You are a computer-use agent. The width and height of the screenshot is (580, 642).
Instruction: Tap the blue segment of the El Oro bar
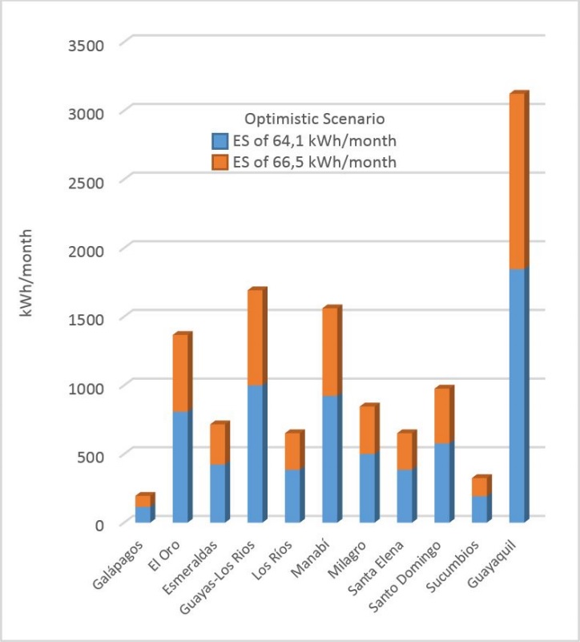(181, 466)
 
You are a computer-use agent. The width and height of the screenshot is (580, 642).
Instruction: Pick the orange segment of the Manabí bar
(330, 352)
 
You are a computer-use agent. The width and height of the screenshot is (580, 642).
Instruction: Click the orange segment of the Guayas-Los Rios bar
(256, 337)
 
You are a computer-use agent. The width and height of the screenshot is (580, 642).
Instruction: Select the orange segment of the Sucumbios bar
(479, 487)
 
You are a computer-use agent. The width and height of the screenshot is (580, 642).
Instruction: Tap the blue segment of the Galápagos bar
(143, 514)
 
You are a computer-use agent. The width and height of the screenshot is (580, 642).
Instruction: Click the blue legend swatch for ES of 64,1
(220, 141)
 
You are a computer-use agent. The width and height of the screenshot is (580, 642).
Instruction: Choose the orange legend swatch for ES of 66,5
(220, 162)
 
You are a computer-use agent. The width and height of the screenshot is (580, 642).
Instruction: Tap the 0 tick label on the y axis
(100, 524)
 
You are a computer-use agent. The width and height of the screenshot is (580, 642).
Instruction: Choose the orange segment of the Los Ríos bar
(293, 451)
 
